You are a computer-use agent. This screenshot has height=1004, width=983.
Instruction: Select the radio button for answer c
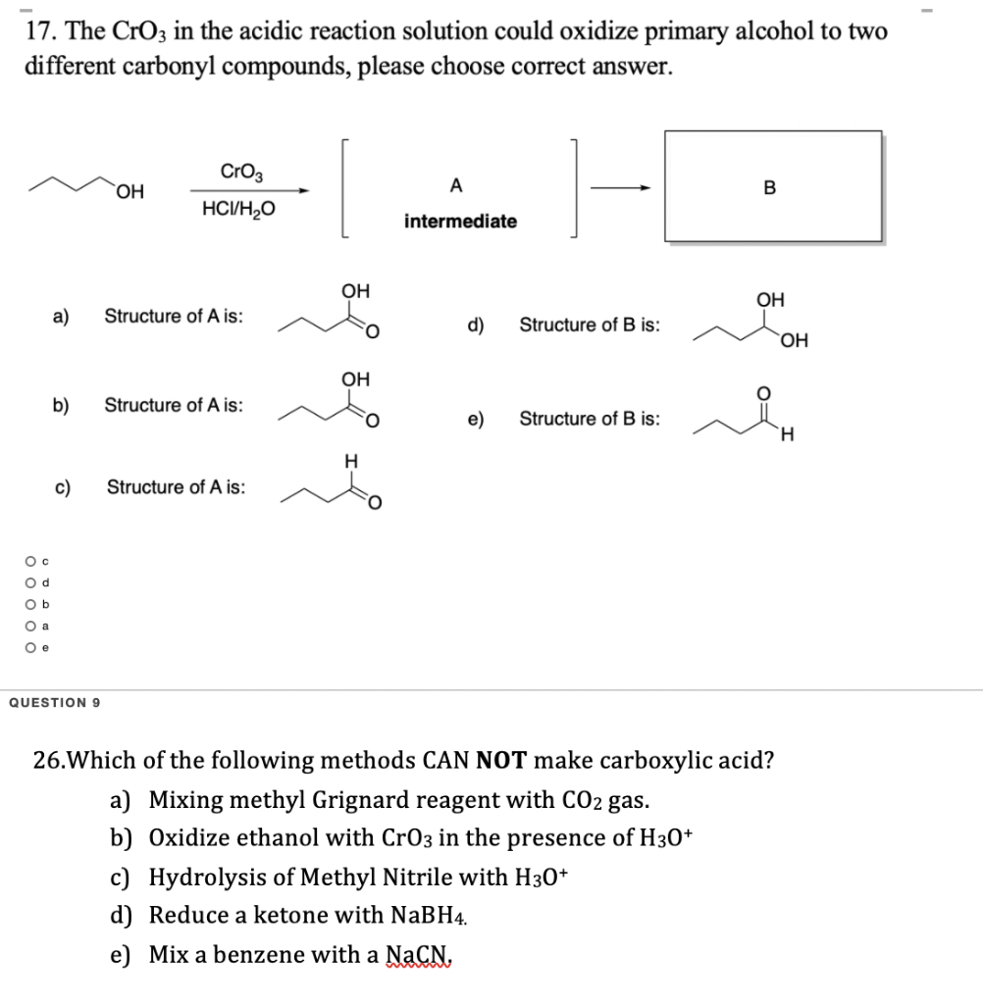31,561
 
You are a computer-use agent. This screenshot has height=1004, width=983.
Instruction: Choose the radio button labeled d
31,582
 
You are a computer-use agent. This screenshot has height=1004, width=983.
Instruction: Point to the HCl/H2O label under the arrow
238,208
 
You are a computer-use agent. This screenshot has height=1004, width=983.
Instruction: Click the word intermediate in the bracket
460,222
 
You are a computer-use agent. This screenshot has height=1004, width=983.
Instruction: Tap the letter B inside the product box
769,189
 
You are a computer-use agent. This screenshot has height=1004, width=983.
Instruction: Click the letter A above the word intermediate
456,186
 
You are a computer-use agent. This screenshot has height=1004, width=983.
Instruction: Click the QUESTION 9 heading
58,702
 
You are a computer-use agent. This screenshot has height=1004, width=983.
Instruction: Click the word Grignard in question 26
362,800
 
